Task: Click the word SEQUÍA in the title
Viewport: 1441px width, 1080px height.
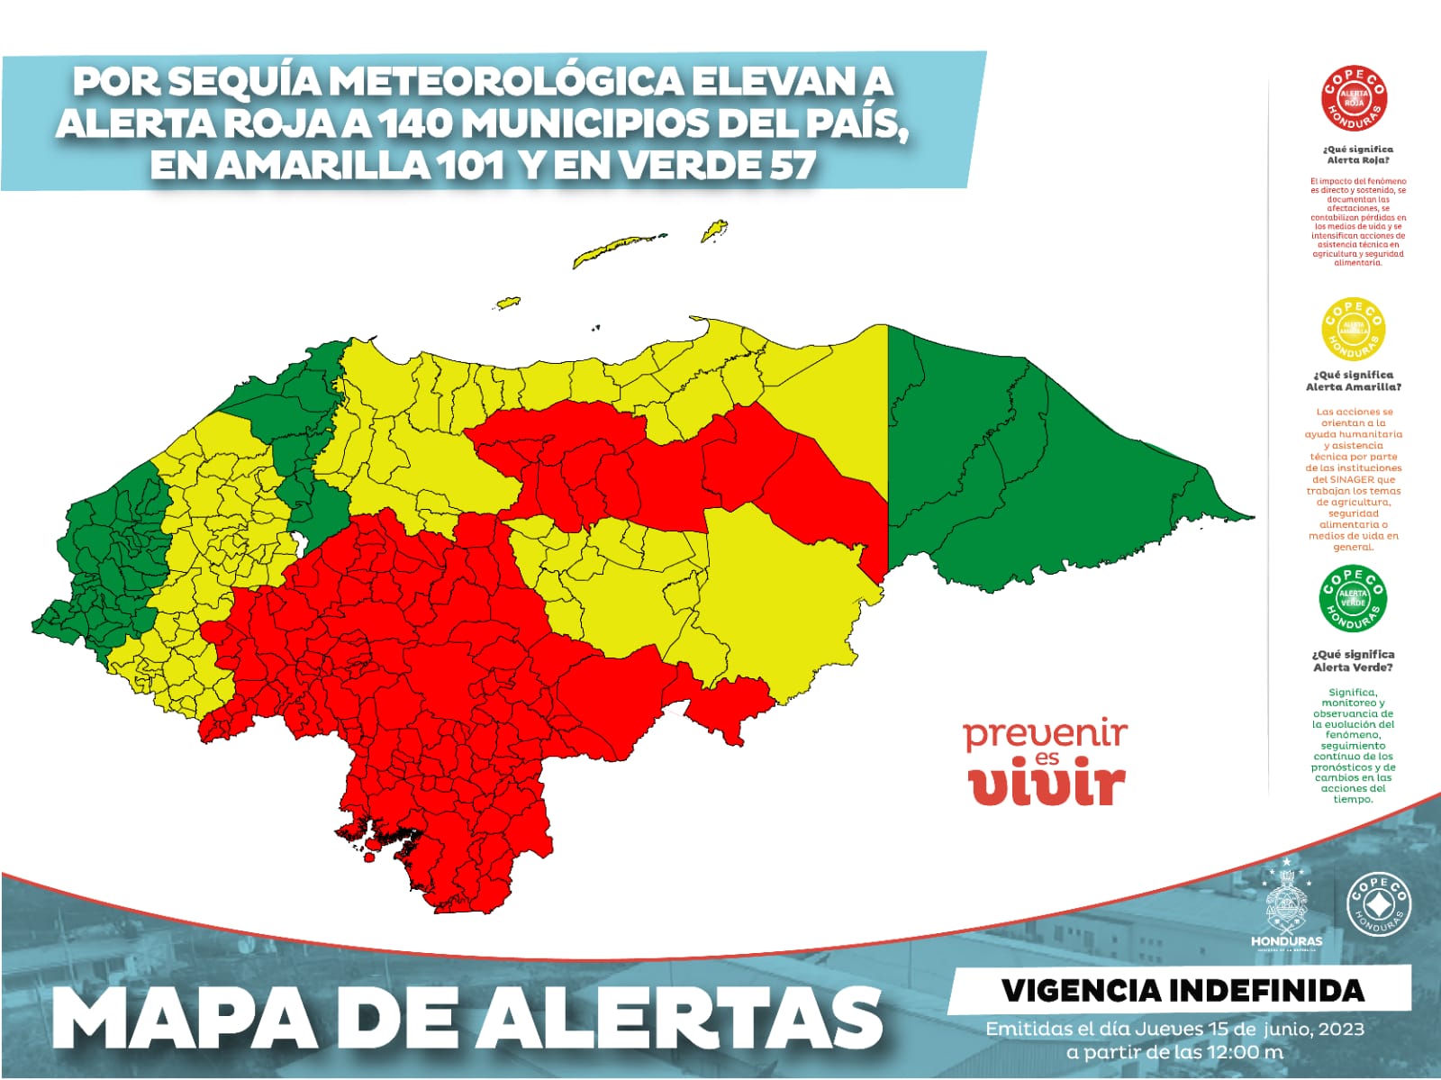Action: [245, 82]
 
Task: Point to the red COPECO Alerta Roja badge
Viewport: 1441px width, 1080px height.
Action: [1354, 98]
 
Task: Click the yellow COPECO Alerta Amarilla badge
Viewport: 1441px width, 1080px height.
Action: [1353, 328]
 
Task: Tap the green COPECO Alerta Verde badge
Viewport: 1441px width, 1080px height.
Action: [1353, 598]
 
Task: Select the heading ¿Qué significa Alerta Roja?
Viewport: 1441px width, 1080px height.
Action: [1357, 154]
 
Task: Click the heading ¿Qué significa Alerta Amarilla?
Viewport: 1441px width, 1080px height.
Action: [1353, 380]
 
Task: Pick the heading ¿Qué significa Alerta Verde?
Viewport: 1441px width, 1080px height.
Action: [1353, 660]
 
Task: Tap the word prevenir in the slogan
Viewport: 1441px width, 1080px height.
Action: [1045, 734]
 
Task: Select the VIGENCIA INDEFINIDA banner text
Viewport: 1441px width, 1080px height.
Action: [1183, 991]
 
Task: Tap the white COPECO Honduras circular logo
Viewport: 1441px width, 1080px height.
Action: [1377, 905]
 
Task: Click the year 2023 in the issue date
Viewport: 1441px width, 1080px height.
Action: [1340, 1029]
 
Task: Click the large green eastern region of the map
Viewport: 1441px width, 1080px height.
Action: [1036, 459]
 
